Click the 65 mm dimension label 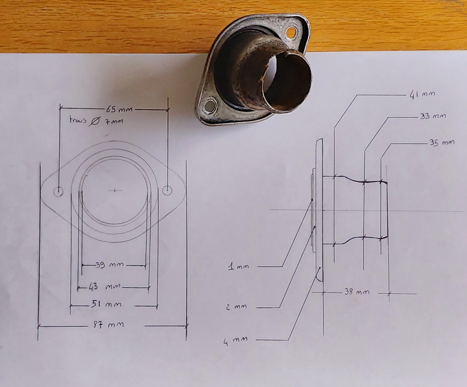(x=119, y=109)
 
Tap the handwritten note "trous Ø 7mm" (x=96, y=121)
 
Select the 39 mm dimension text (x=109, y=265)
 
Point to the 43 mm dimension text (x=105, y=287)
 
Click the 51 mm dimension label (x=106, y=304)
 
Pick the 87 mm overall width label (x=109, y=325)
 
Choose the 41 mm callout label (x=422, y=94)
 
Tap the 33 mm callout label (x=433, y=116)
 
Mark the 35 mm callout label (x=442, y=143)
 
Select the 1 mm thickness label (x=238, y=266)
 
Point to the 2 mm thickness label (x=236, y=307)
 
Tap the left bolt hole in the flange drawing (x=58, y=192)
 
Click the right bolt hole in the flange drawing (x=167, y=190)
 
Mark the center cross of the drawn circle (x=115, y=191)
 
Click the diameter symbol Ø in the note (x=95, y=121)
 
